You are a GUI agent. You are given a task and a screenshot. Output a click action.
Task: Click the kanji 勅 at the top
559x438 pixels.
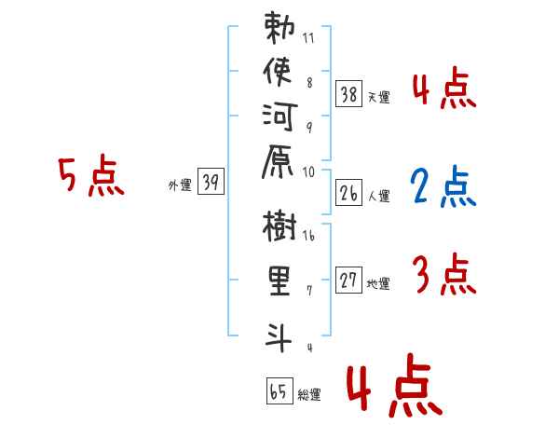[279, 31]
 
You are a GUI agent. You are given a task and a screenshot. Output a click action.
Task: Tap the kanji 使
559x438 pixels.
[279, 73]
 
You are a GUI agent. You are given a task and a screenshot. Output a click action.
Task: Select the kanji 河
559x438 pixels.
[279, 116]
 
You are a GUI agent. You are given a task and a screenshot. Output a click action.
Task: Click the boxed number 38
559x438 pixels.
[349, 92]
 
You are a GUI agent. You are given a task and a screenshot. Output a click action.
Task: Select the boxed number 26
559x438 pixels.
[349, 193]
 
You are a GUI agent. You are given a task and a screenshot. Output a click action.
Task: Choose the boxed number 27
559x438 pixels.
[349, 281]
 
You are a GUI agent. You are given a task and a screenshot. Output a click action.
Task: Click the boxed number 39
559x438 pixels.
[210, 183]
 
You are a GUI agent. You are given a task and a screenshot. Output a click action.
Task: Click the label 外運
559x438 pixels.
[180, 185]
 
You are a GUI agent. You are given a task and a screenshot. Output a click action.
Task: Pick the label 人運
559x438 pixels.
[379, 197]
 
